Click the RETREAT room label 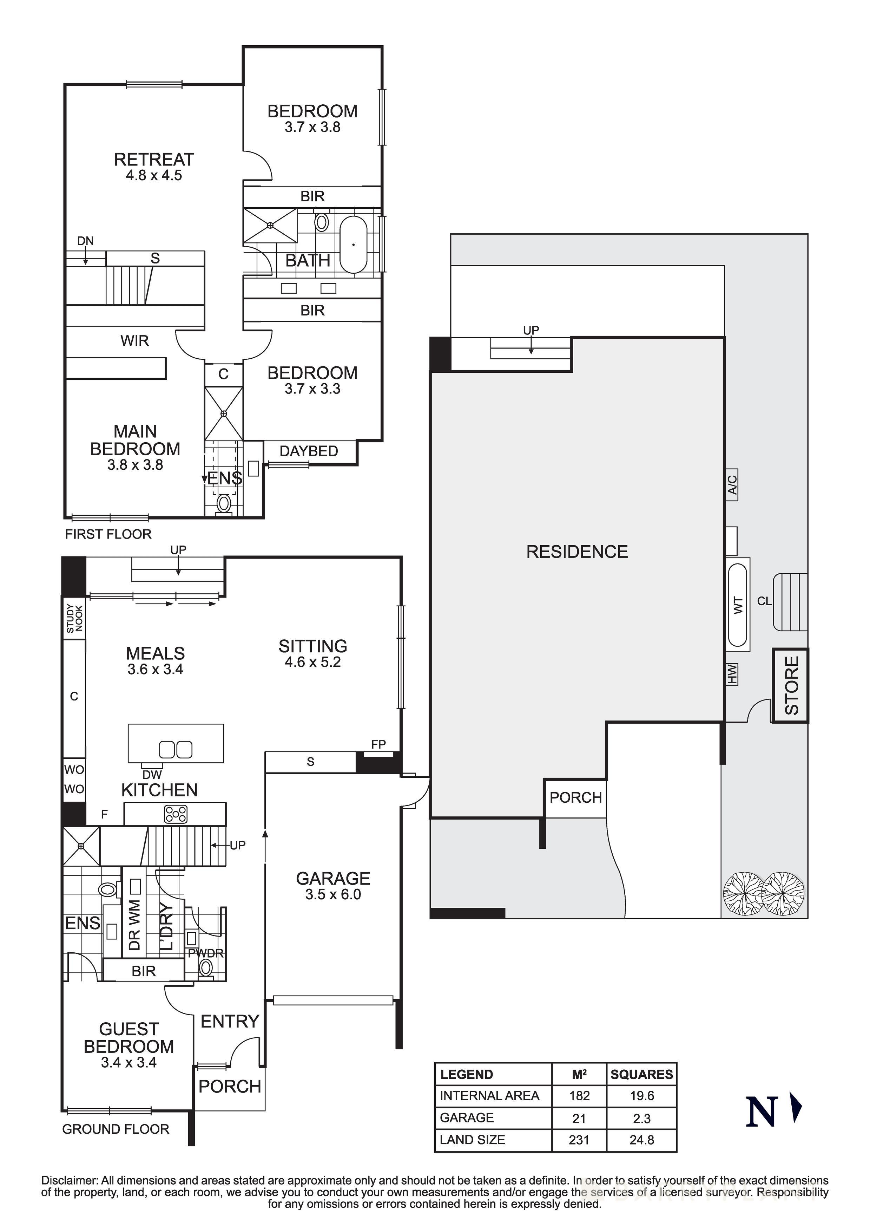(x=153, y=159)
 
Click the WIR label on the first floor (x=134, y=341)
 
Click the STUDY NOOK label (x=74, y=619)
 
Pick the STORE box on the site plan (x=791, y=685)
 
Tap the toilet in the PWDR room (x=205, y=969)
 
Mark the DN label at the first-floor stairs (x=85, y=241)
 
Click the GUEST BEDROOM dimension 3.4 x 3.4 (x=129, y=1062)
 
